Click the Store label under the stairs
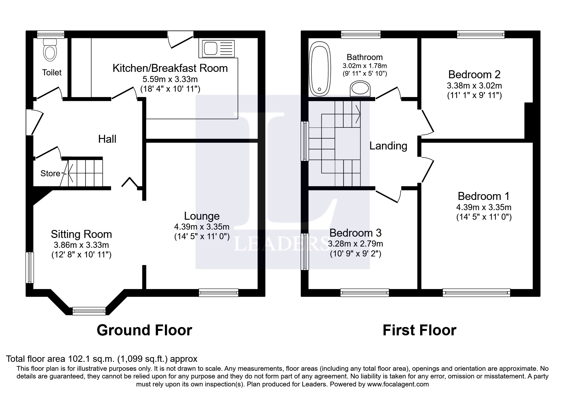50,173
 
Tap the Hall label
107,139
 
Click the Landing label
388,146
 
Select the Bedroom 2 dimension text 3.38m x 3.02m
474,86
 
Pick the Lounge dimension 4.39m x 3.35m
202,227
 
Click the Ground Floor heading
144,330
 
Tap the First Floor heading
419,330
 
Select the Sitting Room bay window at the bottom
89,311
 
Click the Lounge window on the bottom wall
219,293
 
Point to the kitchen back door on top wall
181,40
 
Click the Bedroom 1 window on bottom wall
476,293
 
